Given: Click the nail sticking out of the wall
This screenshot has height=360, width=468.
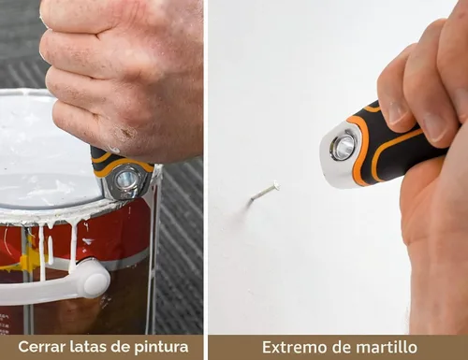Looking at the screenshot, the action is [x=265, y=192].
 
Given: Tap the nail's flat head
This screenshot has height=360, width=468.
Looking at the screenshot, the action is [x=276, y=186].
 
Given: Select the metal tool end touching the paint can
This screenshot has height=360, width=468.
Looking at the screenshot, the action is [x=127, y=181].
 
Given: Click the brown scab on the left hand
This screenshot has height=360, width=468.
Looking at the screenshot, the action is [x=126, y=133].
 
